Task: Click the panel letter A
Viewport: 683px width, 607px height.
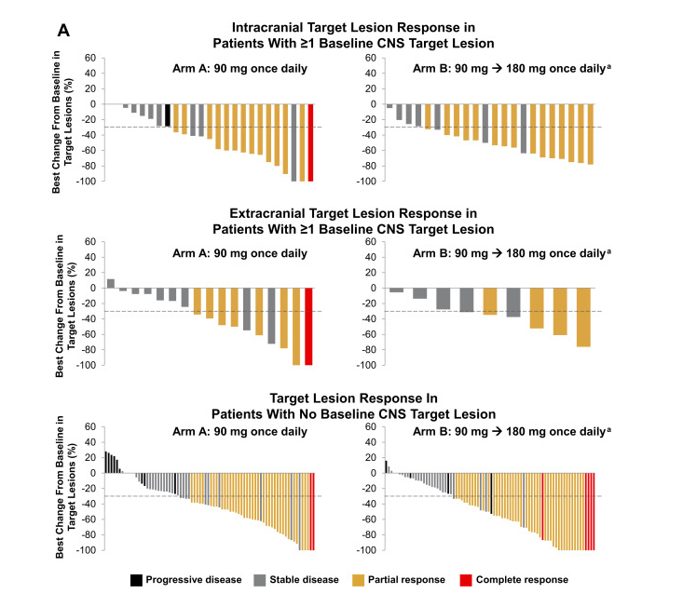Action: tap(62, 30)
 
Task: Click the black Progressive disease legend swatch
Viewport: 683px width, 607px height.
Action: tap(137, 579)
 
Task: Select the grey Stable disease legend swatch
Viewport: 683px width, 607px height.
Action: tap(261, 579)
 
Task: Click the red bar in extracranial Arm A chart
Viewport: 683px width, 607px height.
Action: tap(309, 326)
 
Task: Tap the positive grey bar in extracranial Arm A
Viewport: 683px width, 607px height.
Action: tap(111, 283)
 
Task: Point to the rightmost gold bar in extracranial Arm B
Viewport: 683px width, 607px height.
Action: tap(583, 317)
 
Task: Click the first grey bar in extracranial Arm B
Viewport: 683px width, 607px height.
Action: tap(397, 290)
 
